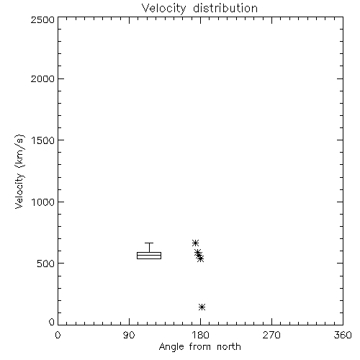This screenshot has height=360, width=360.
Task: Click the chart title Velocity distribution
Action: [199, 9]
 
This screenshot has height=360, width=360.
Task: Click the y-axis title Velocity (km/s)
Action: [19, 171]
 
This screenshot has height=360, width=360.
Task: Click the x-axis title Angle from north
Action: [199, 347]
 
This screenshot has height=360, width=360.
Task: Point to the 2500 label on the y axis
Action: [42, 19]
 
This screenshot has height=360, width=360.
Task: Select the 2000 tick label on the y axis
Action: [42, 79]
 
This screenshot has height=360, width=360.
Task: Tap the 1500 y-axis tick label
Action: [43, 140]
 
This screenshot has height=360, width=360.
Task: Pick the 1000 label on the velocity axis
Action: [43, 202]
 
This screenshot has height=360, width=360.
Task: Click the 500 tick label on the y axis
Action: [46, 264]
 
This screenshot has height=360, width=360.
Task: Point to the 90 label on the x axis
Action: [129, 335]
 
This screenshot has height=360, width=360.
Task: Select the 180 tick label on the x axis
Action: [200, 335]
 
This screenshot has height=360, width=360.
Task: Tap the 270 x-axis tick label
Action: [271, 335]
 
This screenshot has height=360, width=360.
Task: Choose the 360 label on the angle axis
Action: [343, 335]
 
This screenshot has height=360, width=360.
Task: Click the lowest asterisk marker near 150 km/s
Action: [202, 307]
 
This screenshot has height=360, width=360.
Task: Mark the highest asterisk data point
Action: [195, 243]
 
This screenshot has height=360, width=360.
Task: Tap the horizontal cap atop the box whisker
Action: [149, 243]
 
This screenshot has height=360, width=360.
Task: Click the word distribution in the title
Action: [225, 9]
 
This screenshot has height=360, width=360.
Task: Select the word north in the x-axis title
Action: [229, 347]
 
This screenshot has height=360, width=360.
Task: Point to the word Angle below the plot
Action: [171, 347]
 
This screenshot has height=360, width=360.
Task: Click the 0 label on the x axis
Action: [58, 335]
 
